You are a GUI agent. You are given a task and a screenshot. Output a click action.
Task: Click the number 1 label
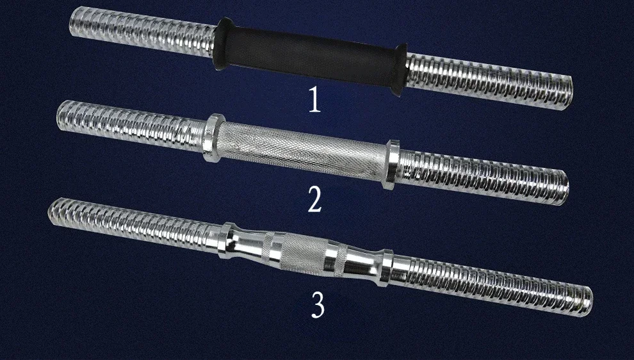pos(315,100)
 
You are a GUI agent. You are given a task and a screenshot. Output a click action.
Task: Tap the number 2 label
pos(315,199)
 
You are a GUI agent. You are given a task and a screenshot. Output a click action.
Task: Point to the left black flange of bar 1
pos(222,44)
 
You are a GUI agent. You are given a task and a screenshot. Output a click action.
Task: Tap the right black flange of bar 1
pos(400,70)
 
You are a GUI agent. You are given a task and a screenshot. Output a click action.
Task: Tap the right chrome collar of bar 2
pos(391,164)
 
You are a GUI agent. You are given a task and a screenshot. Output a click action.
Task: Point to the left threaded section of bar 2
pos(131,125)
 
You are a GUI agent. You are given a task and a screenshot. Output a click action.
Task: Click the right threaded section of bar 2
pos(483,177)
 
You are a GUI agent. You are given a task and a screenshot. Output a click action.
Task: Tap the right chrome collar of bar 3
pos(387,268)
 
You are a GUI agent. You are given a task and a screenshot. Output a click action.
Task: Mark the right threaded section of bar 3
pos(492,285)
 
